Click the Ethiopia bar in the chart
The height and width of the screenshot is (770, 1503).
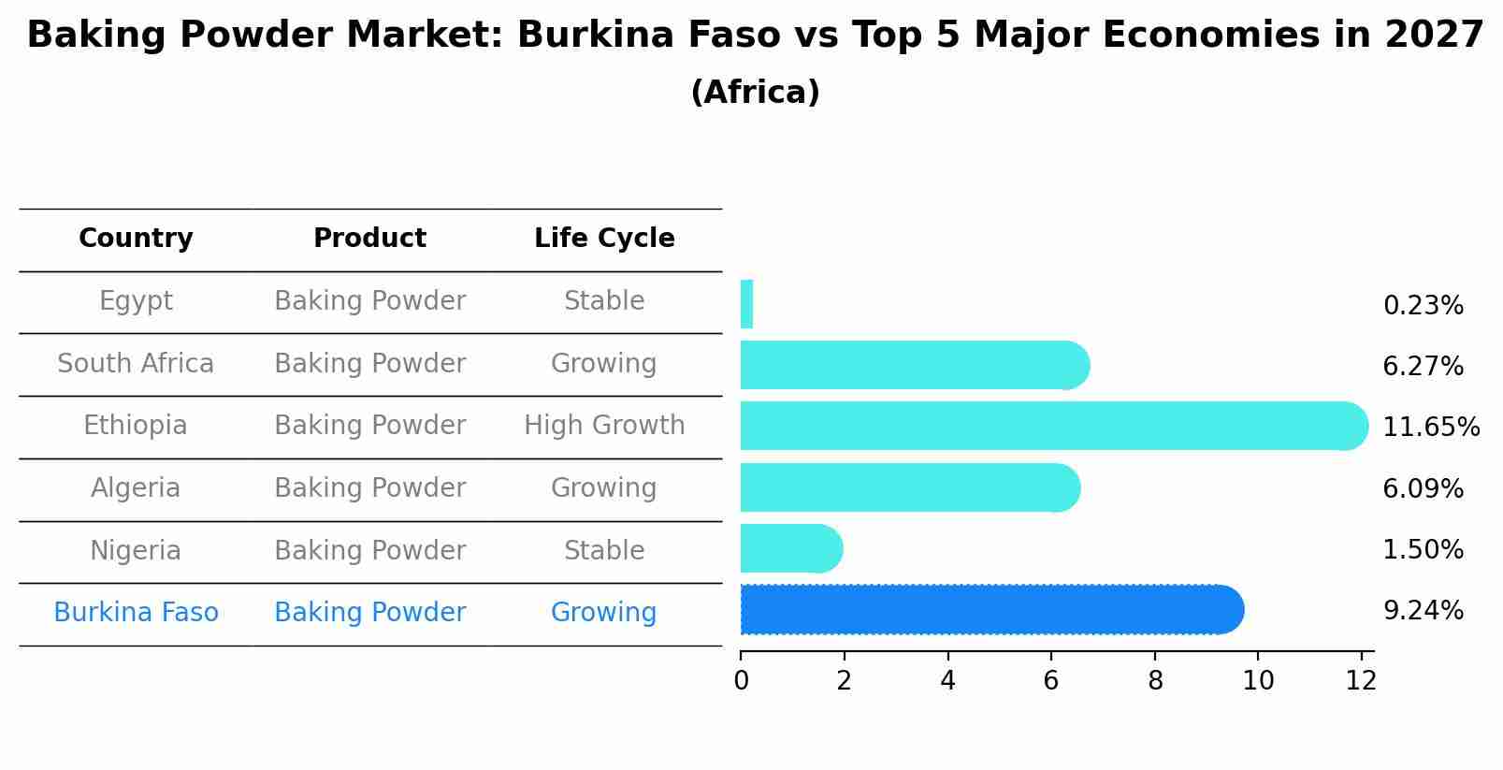(1048, 426)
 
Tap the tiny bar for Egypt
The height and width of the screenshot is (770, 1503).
(746, 304)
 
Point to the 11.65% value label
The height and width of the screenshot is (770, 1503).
(1430, 428)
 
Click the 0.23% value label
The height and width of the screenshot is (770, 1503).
(1423, 306)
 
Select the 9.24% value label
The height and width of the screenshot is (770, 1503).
(1423, 611)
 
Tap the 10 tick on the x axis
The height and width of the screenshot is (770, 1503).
(1258, 681)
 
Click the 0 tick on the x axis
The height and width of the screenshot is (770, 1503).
(741, 681)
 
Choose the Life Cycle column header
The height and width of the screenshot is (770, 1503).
(604, 239)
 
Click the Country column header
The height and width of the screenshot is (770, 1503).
(136, 239)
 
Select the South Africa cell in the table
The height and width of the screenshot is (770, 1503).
(136, 364)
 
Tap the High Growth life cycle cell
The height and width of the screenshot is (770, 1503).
(604, 426)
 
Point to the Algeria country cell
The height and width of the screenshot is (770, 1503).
(136, 488)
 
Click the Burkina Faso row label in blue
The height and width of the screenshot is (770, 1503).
(136, 613)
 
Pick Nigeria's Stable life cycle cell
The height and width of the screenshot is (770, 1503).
(604, 551)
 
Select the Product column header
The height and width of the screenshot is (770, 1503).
(369, 239)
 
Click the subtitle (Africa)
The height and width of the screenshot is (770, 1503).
(755, 93)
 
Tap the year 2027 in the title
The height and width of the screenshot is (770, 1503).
(1433, 36)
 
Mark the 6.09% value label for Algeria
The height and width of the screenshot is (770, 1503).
(1423, 489)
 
